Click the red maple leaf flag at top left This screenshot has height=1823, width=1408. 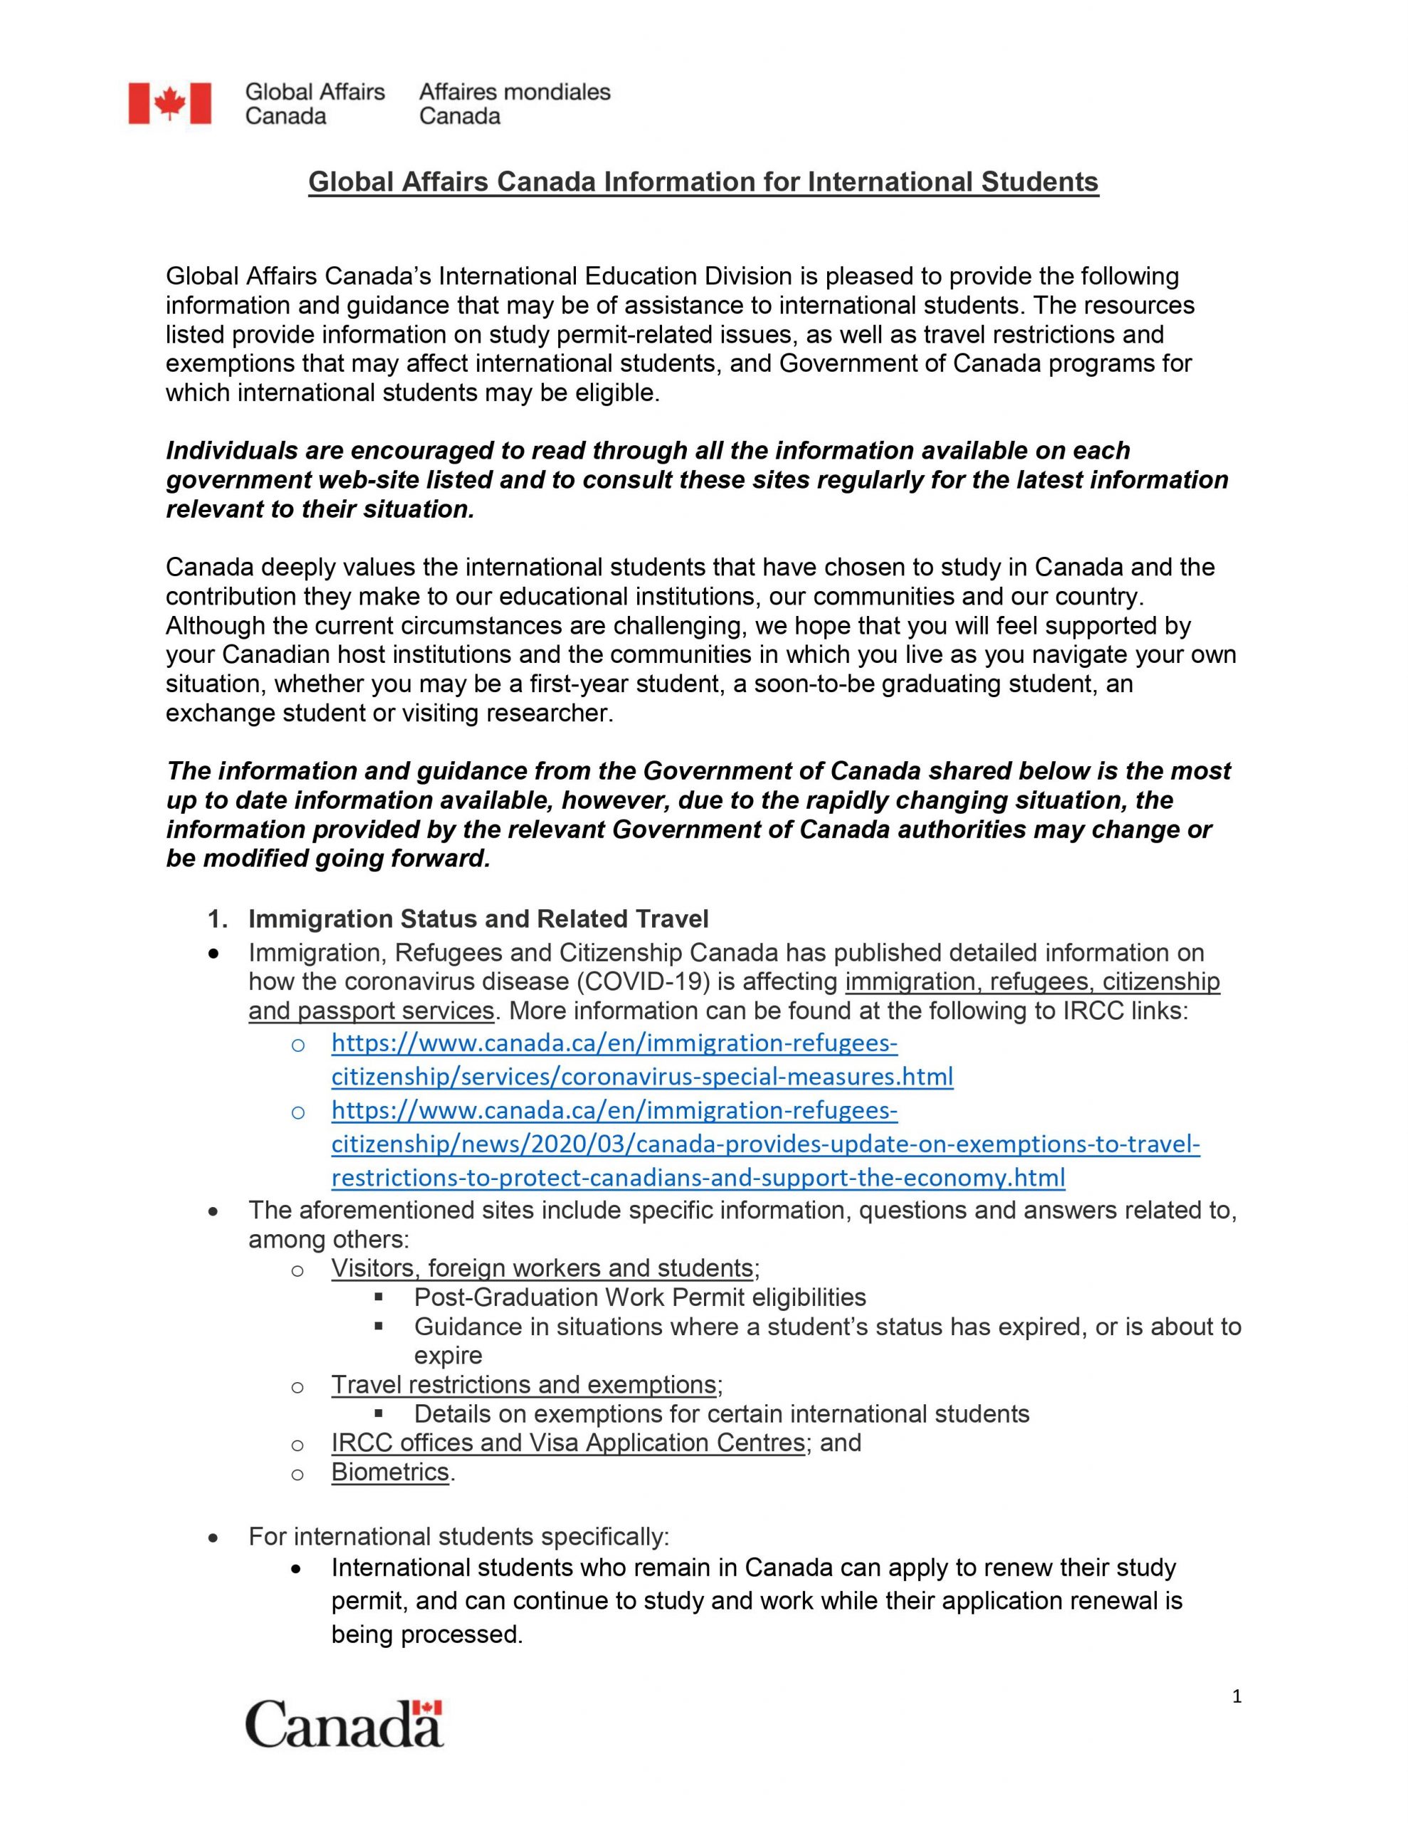pos(169,103)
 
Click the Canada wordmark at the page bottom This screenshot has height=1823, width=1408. pos(344,1725)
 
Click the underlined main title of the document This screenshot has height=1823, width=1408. pos(703,182)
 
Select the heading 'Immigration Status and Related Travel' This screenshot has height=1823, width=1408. pos(478,919)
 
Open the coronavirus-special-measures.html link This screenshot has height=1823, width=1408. pos(642,1077)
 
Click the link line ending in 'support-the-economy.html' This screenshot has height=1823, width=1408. pos(698,1177)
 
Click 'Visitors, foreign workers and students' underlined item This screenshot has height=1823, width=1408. pos(542,1268)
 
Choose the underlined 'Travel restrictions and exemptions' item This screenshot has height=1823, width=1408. pos(523,1385)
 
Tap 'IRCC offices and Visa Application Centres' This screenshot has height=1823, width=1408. pos(567,1442)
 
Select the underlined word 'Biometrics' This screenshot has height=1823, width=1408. pos(390,1472)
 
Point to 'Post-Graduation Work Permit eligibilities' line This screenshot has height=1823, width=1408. pos(639,1297)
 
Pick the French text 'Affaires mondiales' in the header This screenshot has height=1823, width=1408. pos(515,92)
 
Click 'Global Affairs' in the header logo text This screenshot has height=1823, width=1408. pos(315,92)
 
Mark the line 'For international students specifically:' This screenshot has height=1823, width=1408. pos(458,1537)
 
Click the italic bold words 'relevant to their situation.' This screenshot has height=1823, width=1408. pos(320,509)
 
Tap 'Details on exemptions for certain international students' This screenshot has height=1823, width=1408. pos(721,1414)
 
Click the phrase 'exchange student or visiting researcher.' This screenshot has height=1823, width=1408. pos(389,713)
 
